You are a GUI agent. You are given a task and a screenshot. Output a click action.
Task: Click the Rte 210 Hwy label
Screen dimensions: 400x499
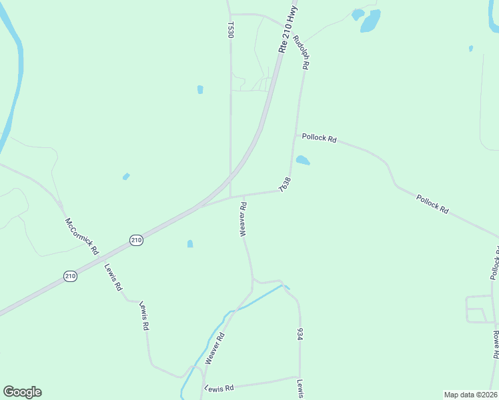coord(288,30)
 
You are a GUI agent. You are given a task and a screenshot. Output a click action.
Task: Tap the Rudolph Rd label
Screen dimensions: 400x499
coord(304,52)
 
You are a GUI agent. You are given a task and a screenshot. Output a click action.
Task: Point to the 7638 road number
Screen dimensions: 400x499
coord(285,185)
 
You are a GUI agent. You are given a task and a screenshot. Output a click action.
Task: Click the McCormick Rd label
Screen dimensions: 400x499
coord(81,237)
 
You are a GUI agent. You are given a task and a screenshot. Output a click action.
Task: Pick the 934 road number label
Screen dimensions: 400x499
coord(301,335)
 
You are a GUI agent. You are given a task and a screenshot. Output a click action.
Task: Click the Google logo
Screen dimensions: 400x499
coord(22,392)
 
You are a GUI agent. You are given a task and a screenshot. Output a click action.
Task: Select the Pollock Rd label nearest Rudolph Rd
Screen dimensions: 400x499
coord(319,138)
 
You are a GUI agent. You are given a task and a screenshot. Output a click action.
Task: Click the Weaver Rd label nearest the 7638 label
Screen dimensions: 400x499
coord(243,219)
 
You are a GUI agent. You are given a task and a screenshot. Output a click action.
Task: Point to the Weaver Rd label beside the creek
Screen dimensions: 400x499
coord(215,349)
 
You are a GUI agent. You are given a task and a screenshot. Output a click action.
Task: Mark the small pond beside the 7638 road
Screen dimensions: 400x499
coord(303,160)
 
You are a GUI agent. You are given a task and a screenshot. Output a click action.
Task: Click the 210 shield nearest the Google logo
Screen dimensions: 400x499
coord(69,275)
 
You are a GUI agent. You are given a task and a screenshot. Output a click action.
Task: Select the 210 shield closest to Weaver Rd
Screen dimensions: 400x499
coord(136,240)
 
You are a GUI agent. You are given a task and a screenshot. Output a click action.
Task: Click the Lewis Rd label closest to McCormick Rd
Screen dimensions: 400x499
coord(113,277)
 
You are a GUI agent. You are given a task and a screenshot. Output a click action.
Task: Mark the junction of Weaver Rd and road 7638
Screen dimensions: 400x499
coord(243,196)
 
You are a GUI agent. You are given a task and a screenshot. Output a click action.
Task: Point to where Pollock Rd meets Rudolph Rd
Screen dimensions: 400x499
coord(294,137)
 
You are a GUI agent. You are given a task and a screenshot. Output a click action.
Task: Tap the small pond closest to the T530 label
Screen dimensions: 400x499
coord(200,89)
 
